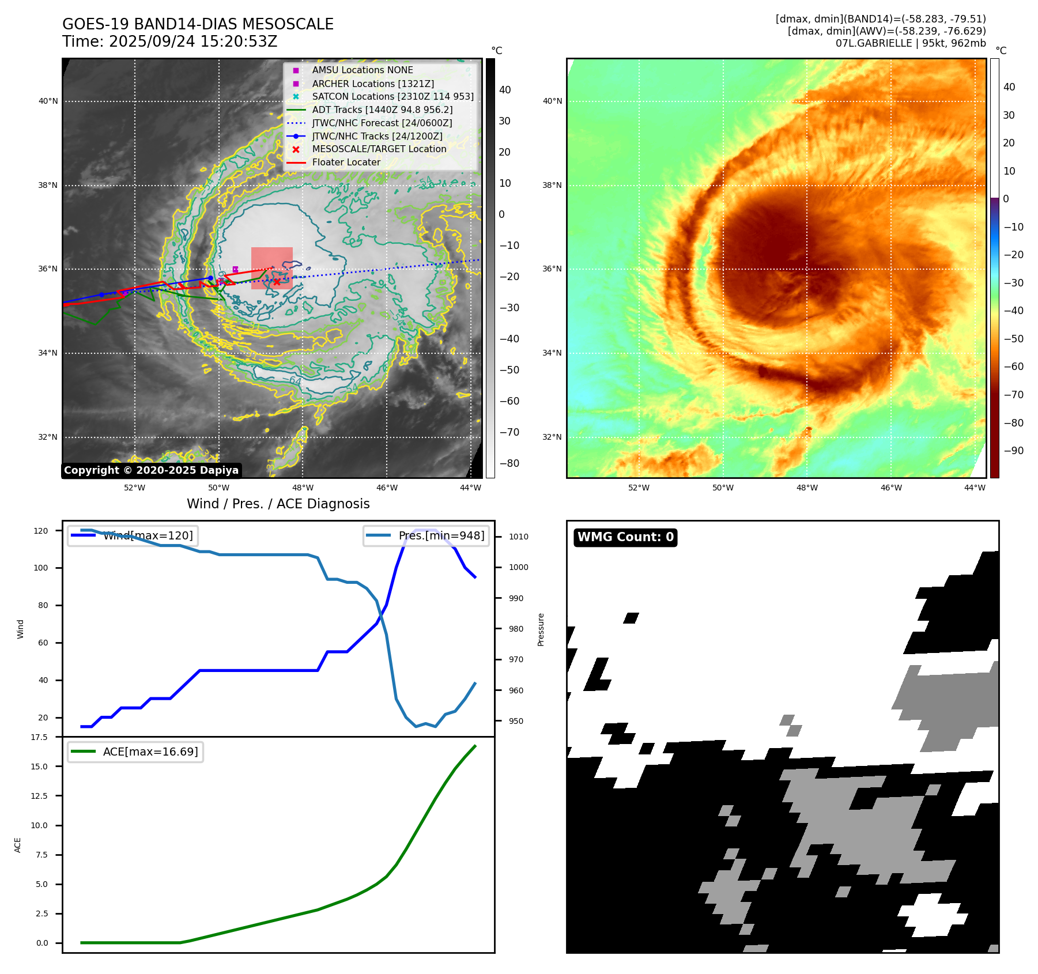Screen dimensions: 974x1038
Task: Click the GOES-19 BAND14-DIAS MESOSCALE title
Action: [198, 24]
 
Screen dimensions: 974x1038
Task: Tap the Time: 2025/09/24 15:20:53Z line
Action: [170, 42]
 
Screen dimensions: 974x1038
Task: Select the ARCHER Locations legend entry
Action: [373, 84]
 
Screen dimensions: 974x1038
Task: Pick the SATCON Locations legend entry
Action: [392, 97]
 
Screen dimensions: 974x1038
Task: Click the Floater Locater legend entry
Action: [346, 163]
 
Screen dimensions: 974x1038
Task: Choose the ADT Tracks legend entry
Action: [382, 110]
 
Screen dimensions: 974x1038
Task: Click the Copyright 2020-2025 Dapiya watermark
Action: [151, 470]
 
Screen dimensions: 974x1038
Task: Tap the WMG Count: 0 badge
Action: [625, 537]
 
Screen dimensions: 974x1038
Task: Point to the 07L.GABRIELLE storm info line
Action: [911, 43]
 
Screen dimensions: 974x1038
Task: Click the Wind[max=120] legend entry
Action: [148, 536]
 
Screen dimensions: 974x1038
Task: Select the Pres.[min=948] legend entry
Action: [441, 536]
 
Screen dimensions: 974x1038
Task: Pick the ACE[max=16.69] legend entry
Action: [150, 752]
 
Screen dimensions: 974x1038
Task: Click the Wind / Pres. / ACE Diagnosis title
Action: [278, 504]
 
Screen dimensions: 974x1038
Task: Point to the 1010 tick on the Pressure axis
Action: [518, 537]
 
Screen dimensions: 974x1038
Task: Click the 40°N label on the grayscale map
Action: [48, 101]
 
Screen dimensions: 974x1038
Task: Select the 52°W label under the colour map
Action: [639, 488]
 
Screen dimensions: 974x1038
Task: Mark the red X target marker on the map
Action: [277, 282]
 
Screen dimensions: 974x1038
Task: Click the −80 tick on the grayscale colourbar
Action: [509, 463]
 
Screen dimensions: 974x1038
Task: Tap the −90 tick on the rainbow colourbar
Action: [1013, 451]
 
